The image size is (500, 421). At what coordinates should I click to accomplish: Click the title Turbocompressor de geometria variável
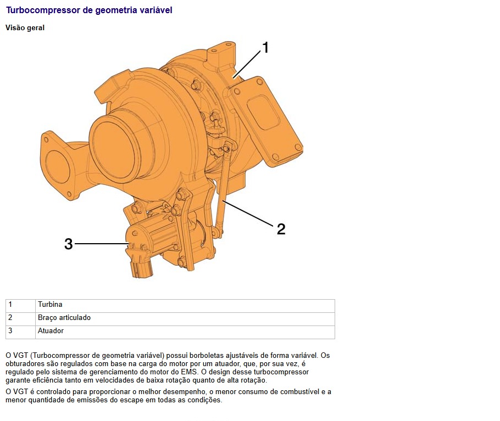point(89,10)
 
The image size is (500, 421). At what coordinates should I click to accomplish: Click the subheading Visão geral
point(25,27)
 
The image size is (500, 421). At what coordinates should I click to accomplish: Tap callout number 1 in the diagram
point(265,48)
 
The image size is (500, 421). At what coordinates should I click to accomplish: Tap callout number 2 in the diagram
point(281,229)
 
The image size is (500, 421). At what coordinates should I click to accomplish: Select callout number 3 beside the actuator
point(69,244)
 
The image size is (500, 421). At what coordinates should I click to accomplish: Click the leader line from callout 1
point(247,64)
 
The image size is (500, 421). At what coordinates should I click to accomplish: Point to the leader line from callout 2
point(248,214)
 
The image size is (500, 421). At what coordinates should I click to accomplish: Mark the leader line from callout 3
point(102,244)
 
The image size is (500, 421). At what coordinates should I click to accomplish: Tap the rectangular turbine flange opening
point(263,113)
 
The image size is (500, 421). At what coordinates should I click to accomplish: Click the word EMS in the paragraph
point(189,372)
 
